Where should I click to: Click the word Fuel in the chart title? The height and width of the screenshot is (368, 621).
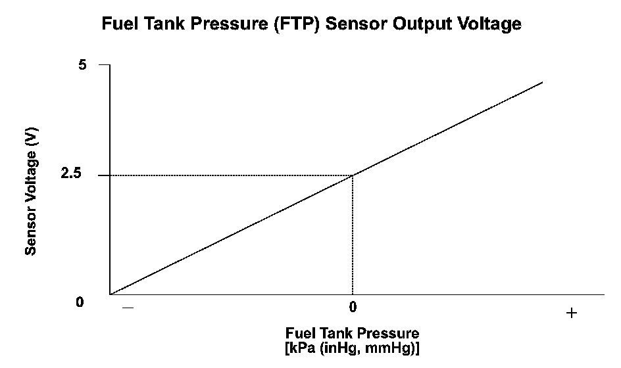pyautogui.click(x=118, y=24)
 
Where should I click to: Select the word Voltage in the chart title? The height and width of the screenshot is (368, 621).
pyautogui.click(x=489, y=24)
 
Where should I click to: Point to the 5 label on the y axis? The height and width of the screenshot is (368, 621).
pyautogui.click(x=82, y=65)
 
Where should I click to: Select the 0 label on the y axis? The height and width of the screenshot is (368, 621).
pyautogui.click(x=80, y=302)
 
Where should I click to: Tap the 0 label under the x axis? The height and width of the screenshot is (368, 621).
pyautogui.click(x=353, y=307)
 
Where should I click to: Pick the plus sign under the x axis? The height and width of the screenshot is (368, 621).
pyautogui.click(x=571, y=313)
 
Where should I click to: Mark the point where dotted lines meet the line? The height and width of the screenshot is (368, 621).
pyautogui.click(x=353, y=175)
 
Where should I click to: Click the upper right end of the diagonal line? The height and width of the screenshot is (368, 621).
pyautogui.click(x=543, y=82)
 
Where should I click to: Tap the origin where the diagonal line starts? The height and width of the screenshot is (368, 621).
pyautogui.click(x=111, y=294)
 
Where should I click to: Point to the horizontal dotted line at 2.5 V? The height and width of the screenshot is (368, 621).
pyautogui.click(x=230, y=175)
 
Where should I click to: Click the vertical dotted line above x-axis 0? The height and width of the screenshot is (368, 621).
pyautogui.click(x=353, y=237)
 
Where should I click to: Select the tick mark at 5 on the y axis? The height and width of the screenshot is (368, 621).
pyautogui.click(x=104, y=65)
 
